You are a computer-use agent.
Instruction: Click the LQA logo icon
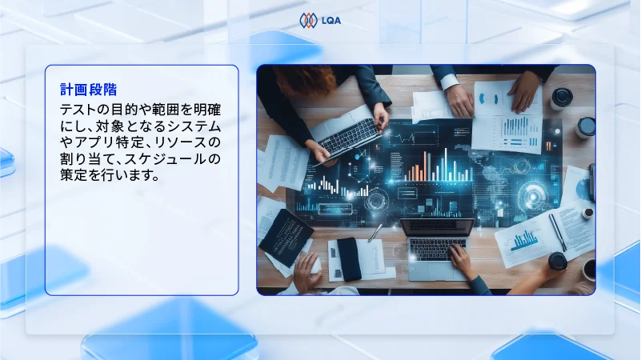[308, 21]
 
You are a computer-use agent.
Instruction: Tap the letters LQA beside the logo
[330, 22]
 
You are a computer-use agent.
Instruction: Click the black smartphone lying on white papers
[349, 258]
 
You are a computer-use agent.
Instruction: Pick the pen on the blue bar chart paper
[555, 231]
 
